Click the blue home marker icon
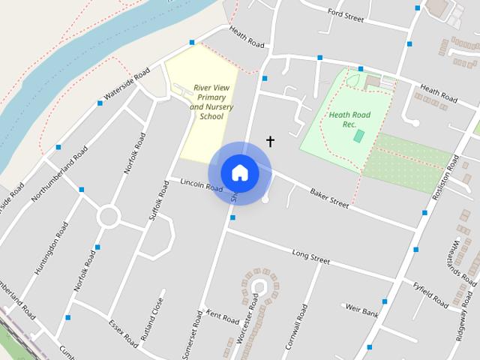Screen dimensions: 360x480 240,172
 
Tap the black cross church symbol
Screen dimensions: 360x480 270,141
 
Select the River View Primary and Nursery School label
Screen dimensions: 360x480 211,102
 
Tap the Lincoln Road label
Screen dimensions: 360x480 202,184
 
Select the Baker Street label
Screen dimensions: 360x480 329,198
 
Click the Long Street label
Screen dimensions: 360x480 311,257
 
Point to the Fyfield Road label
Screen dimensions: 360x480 430,293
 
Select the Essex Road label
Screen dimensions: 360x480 123,334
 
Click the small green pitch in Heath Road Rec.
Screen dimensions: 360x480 359,137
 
